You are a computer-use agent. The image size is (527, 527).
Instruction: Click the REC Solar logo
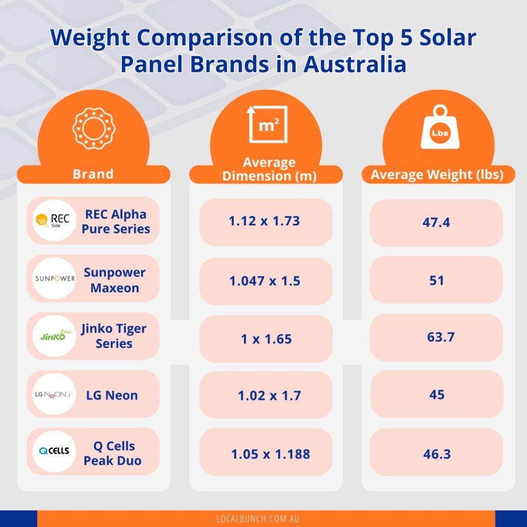pos(54,221)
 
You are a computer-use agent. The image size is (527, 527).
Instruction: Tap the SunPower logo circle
pos(54,279)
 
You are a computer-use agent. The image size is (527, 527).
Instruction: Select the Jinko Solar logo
pos(54,337)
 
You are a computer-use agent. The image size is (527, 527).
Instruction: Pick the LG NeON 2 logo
pos(54,395)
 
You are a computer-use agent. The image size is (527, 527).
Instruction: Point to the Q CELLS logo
pos(54,452)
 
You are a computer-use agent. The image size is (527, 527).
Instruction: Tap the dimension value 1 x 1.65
pos(266,339)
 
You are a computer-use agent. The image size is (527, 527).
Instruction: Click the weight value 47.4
pos(436,223)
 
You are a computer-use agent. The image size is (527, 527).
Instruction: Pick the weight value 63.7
pos(436,338)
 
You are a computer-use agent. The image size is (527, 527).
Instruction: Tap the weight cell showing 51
pos(436,280)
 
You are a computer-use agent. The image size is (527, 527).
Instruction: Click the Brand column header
pos(93,174)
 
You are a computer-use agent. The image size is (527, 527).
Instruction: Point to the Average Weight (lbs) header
pos(436,175)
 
